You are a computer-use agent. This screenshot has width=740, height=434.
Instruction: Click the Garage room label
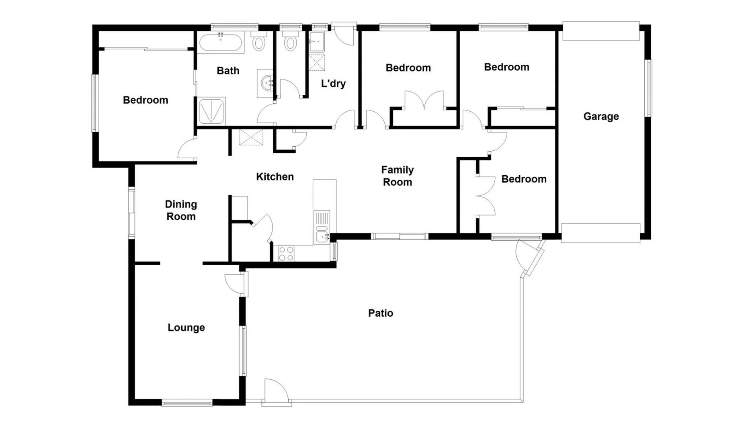pos(601,117)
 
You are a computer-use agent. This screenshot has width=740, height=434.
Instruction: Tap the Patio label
pos(380,313)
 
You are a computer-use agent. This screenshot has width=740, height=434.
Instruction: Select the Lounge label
pos(186,328)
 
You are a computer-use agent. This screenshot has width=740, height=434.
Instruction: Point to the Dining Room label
pos(181,210)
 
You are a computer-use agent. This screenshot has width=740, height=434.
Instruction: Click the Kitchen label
pos(275,177)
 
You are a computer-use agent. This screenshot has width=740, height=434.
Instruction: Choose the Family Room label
pos(397,176)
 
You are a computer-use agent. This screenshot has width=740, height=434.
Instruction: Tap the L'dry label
pos(333,84)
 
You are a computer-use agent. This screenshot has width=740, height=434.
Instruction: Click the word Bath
pos(228,71)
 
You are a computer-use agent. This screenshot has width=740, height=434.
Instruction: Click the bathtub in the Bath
pos(221,43)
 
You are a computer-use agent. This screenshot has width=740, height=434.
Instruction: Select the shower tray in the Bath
pos(211,111)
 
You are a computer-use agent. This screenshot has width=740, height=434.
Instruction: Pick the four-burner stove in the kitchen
pos(286,254)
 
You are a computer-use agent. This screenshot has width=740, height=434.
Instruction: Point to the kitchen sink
pos(322,235)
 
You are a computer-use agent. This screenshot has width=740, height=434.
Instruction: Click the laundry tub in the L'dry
pos(316,42)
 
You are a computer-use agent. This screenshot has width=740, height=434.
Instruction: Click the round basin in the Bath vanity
pos(266,84)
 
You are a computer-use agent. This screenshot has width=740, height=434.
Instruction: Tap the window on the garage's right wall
pos(648,88)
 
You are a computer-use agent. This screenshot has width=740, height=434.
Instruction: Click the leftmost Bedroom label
pos(146,100)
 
